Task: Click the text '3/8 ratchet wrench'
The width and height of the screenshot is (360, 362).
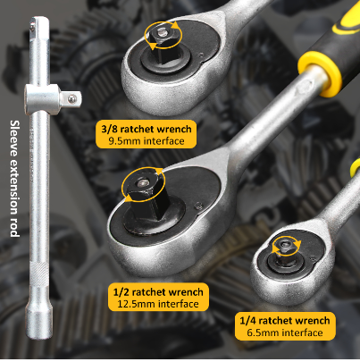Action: point(147,129)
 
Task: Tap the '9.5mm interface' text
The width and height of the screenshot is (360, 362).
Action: point(147,141)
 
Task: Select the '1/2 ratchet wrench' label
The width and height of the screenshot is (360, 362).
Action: point(158,292)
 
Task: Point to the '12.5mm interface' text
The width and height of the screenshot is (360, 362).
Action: point(158,304)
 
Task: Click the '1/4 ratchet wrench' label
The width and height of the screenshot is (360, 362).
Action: point(285,321)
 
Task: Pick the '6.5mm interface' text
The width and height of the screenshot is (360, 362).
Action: point(285,333)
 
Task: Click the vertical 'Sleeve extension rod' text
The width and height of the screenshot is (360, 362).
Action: point(15,179)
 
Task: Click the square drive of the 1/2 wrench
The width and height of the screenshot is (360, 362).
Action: point(146,195)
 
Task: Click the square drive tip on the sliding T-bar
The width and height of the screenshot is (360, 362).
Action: point(71,98)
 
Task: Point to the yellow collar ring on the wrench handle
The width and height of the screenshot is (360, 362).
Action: point(320,73)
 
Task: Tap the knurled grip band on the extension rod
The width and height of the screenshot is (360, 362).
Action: point(39,274)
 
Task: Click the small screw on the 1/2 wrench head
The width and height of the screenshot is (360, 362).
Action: point(198,206)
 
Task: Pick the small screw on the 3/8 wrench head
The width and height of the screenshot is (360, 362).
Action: point(202,55)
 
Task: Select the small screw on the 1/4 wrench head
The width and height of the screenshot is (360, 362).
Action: point(312,257)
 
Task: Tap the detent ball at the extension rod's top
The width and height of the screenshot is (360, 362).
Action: point(32,28)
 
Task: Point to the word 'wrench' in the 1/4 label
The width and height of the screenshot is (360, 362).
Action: point(313,321)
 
